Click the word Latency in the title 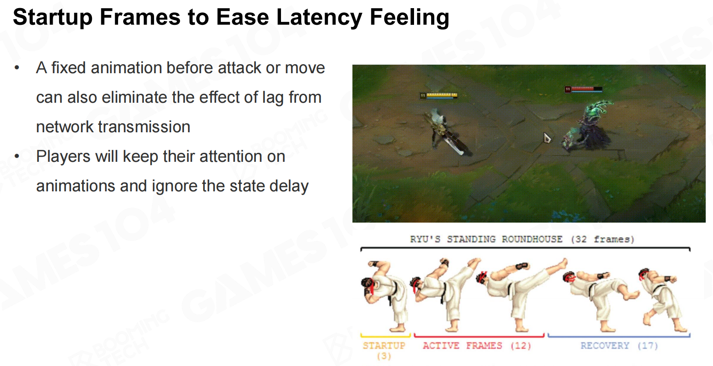(x=319, y=17)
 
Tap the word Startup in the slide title (x=53, y=17)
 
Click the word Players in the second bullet (x=63, y=157)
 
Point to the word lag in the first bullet (x=273, y=98)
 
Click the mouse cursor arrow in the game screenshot (x=547, y=138)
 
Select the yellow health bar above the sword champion (x=439, y=95)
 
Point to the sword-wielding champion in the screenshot (x=447, y=132)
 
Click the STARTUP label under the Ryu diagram (x=384, y=346)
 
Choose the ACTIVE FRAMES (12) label (x=477, y=346)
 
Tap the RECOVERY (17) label (x=619, y=346)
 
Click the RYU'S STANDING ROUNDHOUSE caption (x=522, y=239)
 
